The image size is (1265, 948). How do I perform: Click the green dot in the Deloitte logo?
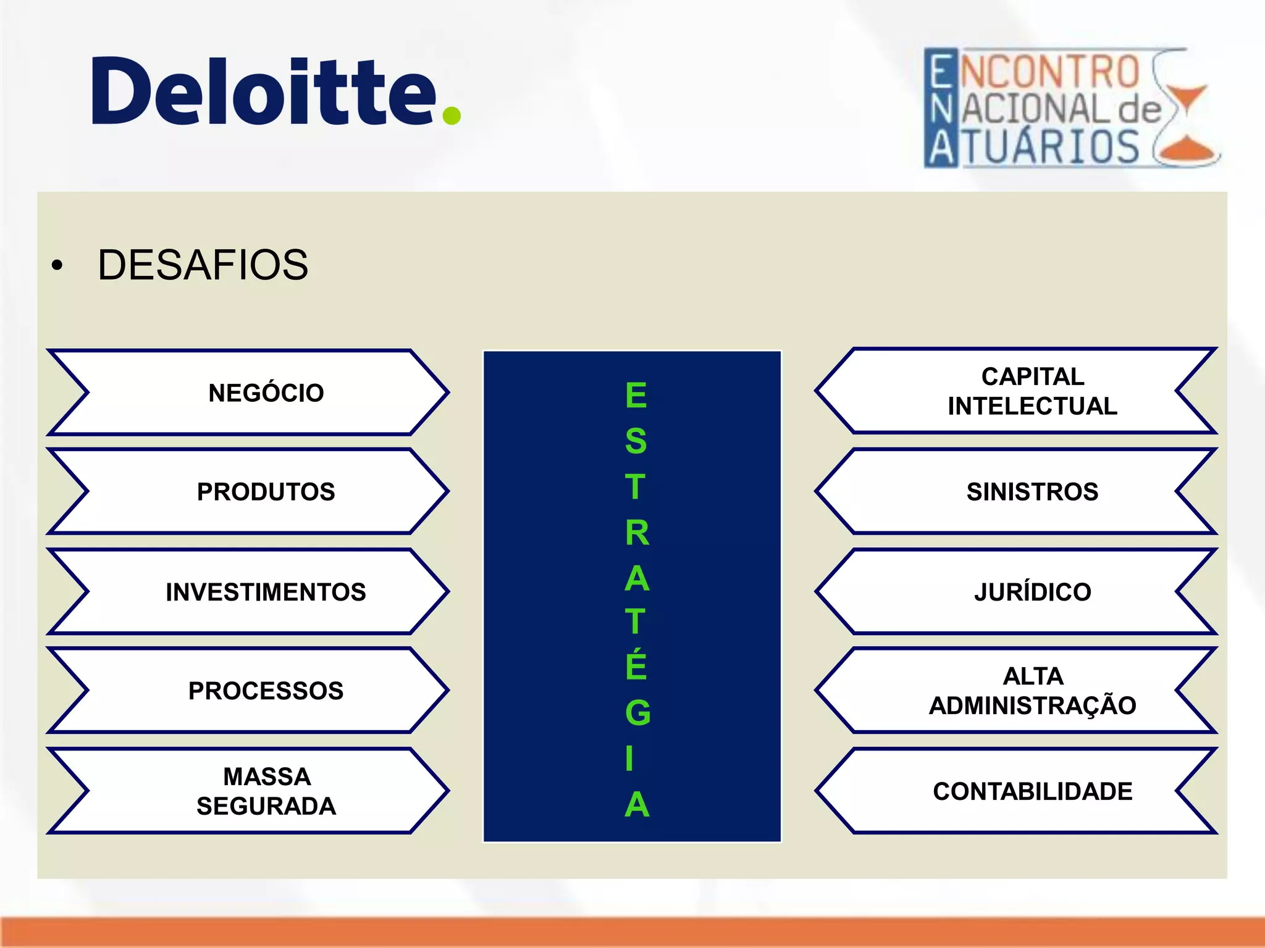[x=452, y=115]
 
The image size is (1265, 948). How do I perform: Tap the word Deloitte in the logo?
[x=264, y=91]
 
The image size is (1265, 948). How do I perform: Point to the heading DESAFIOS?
[x=203, y=265]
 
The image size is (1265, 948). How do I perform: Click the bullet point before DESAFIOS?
[x=57, y=266]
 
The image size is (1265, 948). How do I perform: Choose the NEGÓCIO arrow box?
[x=266, y=393]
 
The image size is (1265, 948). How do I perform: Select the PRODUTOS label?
[x=266, y=492]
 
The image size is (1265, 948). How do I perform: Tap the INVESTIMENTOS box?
[x=266, y=592]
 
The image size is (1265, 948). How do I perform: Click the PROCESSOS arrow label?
[x=266, y=691]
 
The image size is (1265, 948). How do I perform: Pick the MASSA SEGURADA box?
[x=266, y=791]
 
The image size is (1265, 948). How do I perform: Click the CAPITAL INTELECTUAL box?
[x=1032, y=391]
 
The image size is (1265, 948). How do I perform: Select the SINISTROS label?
[x=1032, y=492]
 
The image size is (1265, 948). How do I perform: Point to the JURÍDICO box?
[x=1032, y=592]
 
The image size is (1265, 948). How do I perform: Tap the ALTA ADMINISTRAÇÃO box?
[x=1032, y=691]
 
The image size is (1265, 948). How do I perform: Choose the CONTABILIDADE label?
[x=1032, y=791]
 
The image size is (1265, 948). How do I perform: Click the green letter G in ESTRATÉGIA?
[x=637, y=713]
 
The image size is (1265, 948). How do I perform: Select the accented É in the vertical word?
[x=636, y=665]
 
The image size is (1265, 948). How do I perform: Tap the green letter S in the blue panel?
[x=636, y=441]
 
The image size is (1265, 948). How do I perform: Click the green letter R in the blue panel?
[x=637, y=533]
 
